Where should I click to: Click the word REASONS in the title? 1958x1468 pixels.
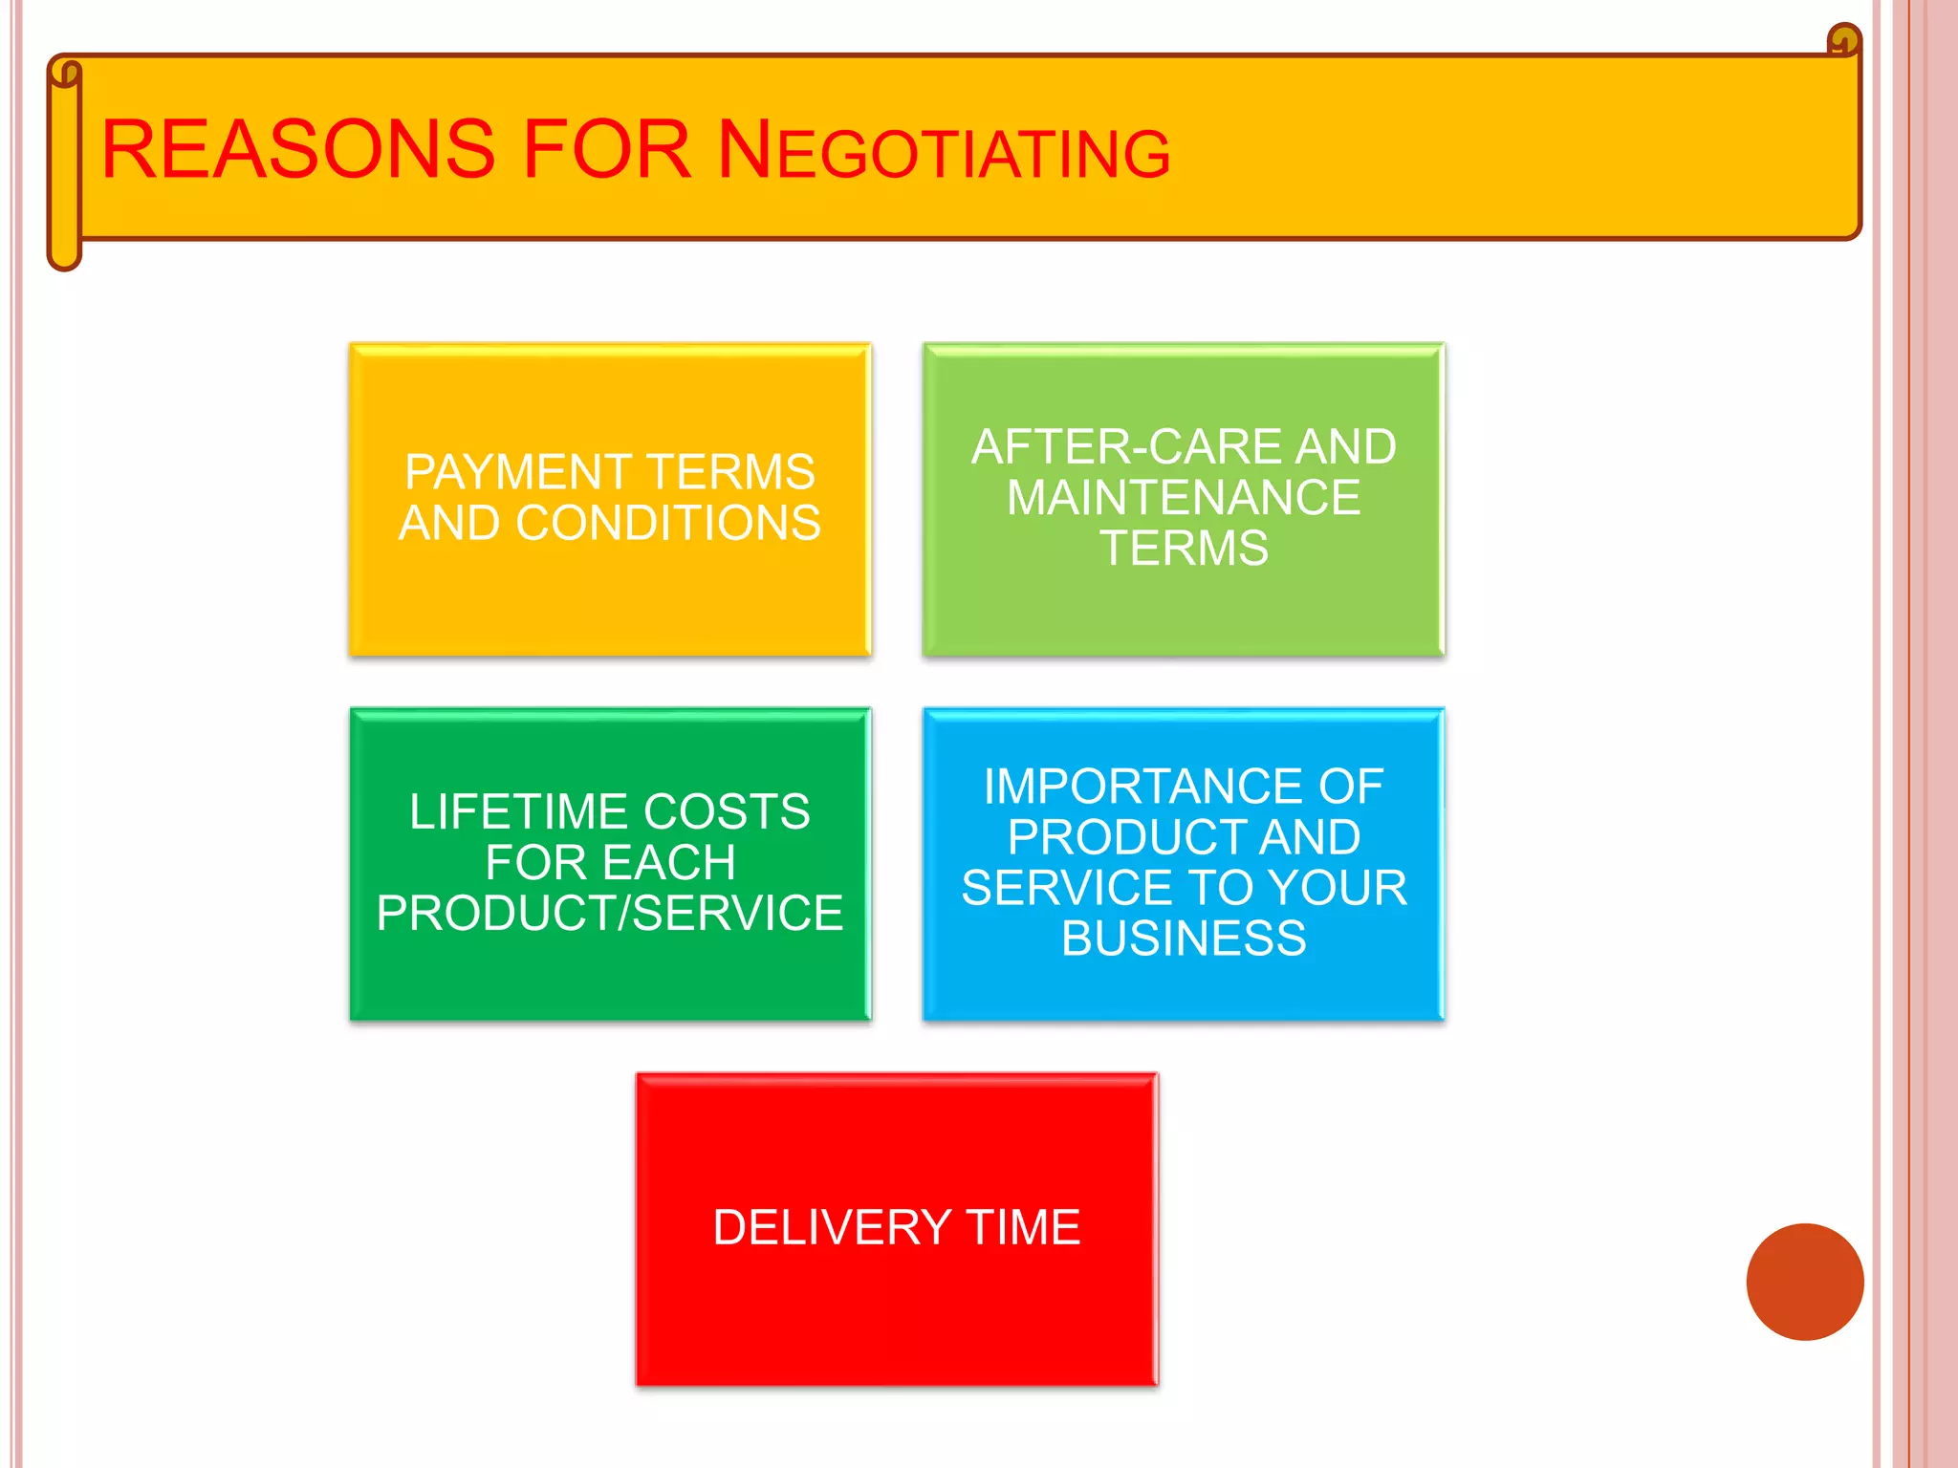pos(298,150)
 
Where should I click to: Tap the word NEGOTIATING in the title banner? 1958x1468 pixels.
pos(944,152)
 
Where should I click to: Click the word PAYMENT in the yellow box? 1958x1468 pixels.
pos(516,472)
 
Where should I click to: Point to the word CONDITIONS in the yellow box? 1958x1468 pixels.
pos(668,523)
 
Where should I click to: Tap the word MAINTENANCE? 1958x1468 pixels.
pos(1184,498)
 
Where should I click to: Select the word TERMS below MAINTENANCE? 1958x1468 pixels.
pos(1184,549)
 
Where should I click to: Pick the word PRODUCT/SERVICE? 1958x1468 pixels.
pos(610,914)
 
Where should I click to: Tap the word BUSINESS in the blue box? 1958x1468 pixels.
pos(1184,939)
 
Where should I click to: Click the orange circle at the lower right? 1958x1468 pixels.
pos(1804,1282)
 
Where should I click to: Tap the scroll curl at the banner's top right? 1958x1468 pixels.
pos(1844,42)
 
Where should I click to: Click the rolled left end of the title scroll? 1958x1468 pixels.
pos(64,162)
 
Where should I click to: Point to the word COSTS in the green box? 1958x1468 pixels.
pos(727,812)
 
